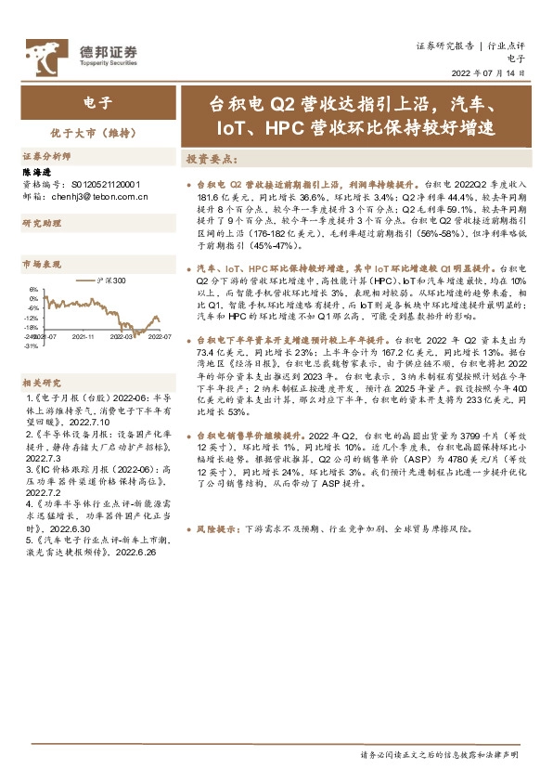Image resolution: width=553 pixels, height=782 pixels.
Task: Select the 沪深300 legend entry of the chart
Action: (111, 279)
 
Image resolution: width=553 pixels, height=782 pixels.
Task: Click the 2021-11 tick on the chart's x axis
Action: (84, 338)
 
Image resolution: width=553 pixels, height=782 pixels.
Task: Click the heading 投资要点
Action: (212, 159)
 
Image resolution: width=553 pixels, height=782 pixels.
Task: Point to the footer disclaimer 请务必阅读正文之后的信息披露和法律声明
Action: (438, 753)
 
